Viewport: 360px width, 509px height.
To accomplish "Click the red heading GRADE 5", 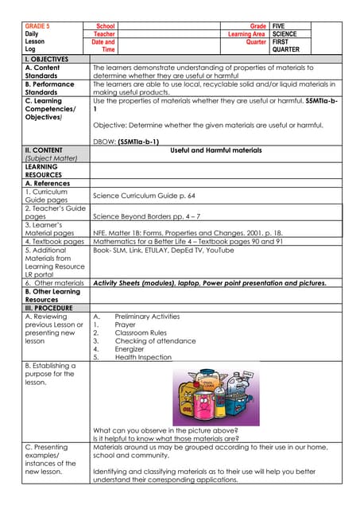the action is (x=37, y=26).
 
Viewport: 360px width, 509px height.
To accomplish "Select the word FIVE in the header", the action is (x=280, y=26).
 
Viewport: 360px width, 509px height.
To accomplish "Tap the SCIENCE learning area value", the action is (x=285, y=34).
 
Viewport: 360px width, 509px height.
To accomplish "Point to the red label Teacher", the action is (x=104, y=34).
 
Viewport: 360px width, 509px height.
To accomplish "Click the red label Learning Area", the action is (x=246, y=34).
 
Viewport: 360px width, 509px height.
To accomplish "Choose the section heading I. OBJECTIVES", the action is (x=47, y=60).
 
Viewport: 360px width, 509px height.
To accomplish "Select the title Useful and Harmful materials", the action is (x=216, y=150).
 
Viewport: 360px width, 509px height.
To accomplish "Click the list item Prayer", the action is (x=126, y=324).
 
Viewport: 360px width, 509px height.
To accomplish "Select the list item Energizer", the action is (x=130, y=348).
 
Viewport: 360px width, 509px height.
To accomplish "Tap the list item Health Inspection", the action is (x=143, y=357).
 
